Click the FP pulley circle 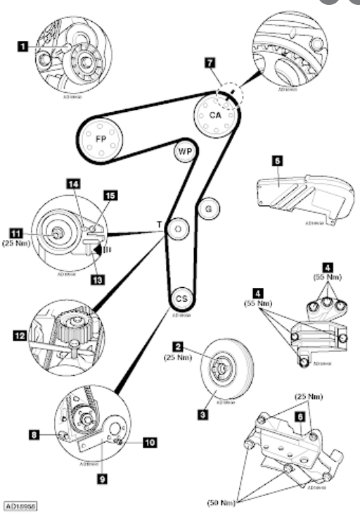point(99,138)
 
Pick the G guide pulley point(208,208)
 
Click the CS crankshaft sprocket point(181,298)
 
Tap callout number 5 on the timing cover point(277,161)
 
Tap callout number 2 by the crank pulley point(179,347)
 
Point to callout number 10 point(150,443)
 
